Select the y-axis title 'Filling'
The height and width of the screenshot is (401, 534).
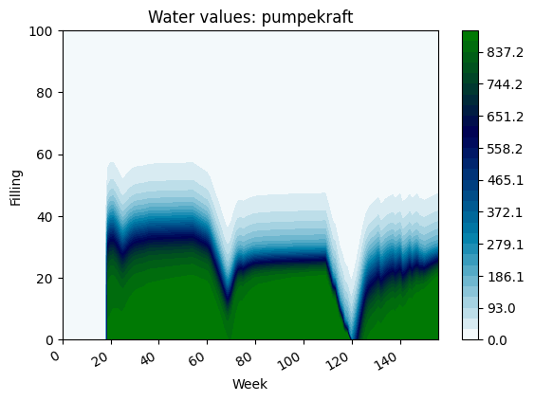click(16, 185)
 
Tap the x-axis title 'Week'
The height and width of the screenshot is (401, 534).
click(250, 384)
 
